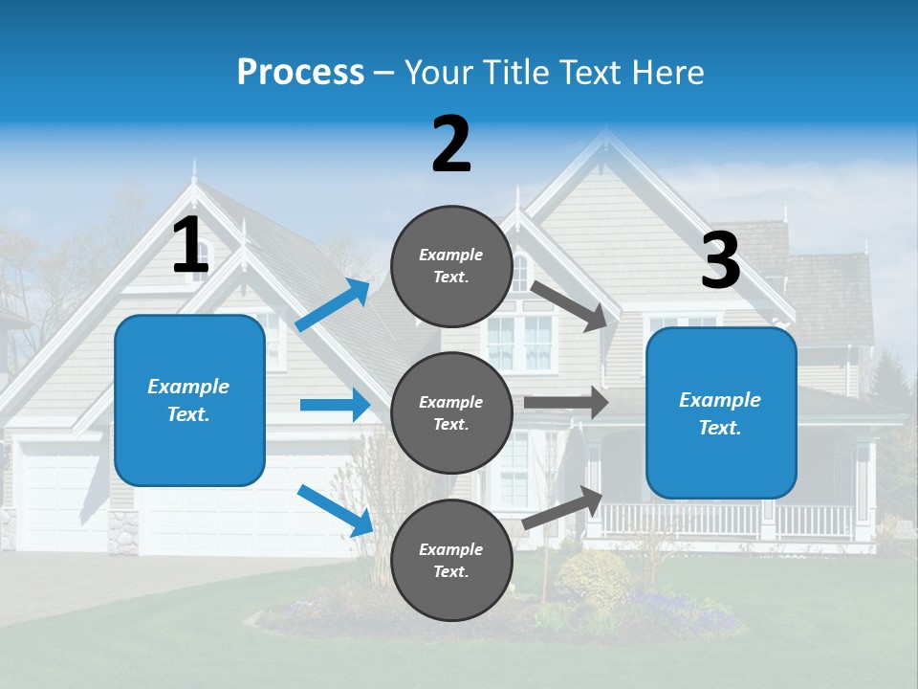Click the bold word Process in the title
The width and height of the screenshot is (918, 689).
[300, 73]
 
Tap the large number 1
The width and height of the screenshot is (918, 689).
[190, 245]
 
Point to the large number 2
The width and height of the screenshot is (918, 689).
[451, 144]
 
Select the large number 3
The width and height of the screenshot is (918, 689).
[720, 260]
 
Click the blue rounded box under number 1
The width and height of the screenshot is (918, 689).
[189, 400]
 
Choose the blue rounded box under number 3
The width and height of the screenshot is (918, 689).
[721, 412]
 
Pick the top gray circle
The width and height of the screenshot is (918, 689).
[451, 266]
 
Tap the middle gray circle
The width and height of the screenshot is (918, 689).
[451, 412]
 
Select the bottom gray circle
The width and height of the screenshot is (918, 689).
[451, 560]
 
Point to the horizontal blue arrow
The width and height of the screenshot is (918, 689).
[335, 405]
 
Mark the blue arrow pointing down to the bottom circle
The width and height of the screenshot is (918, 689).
[336, 510]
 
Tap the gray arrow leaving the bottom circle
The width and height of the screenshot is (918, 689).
[563, 508]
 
